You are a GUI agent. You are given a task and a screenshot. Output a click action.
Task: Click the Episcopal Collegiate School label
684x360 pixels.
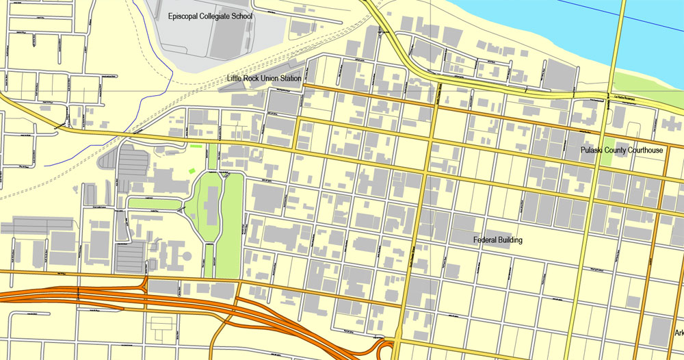coord(210,15)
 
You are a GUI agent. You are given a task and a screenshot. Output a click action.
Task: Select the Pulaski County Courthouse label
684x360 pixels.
coord(621,150)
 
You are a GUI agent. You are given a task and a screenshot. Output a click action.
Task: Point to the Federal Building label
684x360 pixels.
coord(498,240)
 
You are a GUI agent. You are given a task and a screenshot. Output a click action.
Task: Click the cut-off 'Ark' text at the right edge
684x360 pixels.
coord(679,333)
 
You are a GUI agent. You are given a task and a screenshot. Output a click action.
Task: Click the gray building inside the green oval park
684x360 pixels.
coord(210,205)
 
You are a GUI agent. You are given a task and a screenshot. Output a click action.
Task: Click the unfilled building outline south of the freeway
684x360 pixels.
coord(163,333)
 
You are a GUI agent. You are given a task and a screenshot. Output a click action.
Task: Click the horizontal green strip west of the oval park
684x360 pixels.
coord(154,203)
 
